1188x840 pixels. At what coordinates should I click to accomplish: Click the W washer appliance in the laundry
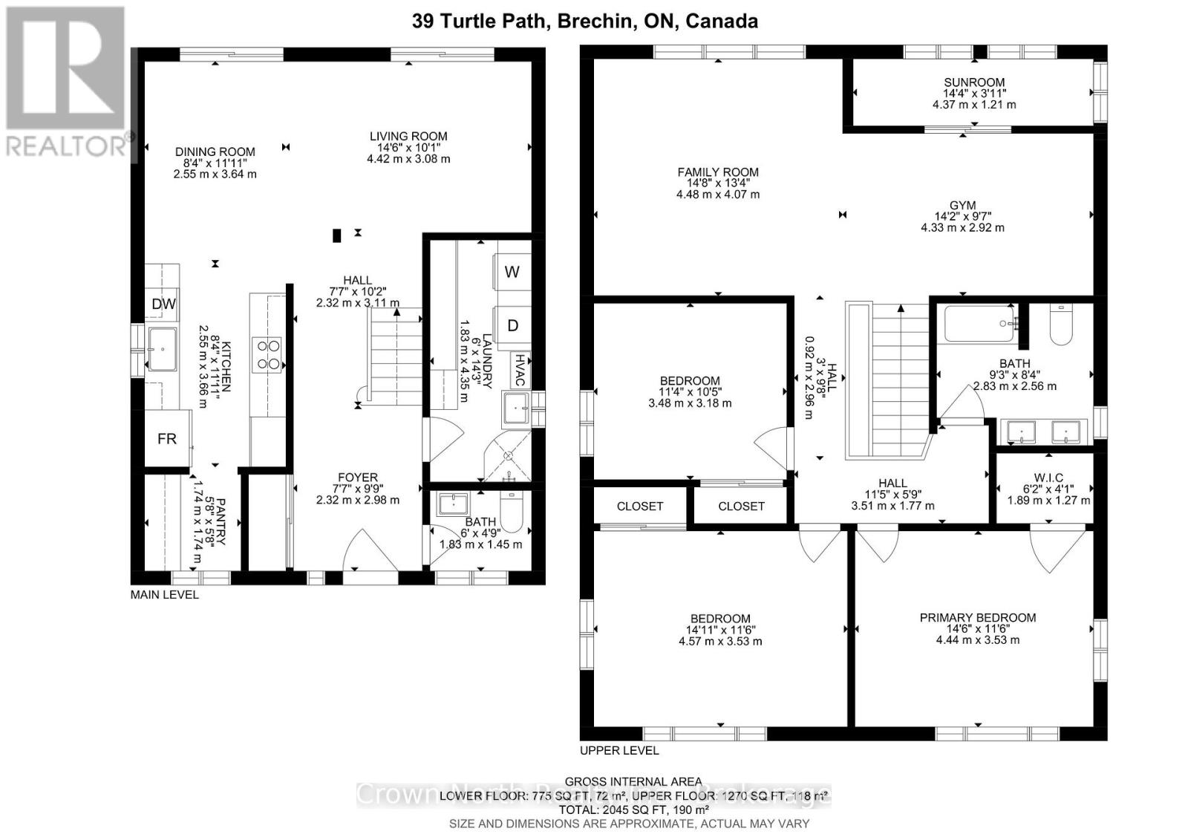512,272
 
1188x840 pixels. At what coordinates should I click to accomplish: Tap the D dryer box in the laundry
512,325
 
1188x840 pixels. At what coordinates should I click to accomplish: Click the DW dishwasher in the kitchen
163,304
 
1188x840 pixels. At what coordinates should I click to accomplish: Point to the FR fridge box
167,438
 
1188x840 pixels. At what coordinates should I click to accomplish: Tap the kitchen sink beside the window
163,348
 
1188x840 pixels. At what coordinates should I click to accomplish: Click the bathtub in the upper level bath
979,325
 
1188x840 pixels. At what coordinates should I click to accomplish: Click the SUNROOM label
974,82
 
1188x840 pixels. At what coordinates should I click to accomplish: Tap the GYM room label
962,205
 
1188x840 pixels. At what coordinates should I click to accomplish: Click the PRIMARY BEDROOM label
977,617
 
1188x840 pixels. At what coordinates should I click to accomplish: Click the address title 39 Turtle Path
585,22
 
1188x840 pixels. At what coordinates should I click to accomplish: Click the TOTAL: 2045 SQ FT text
633,810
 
